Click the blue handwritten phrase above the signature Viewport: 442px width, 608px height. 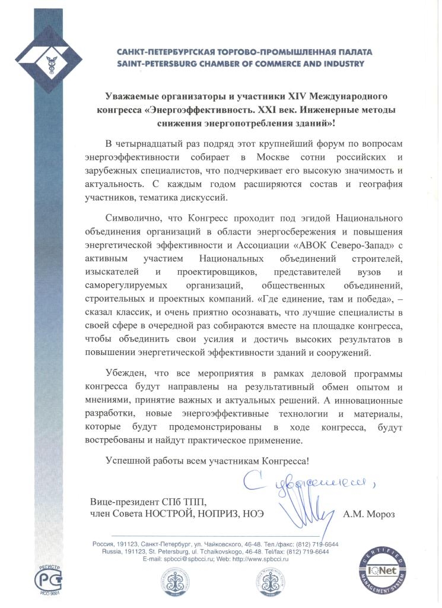click(309, 482)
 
